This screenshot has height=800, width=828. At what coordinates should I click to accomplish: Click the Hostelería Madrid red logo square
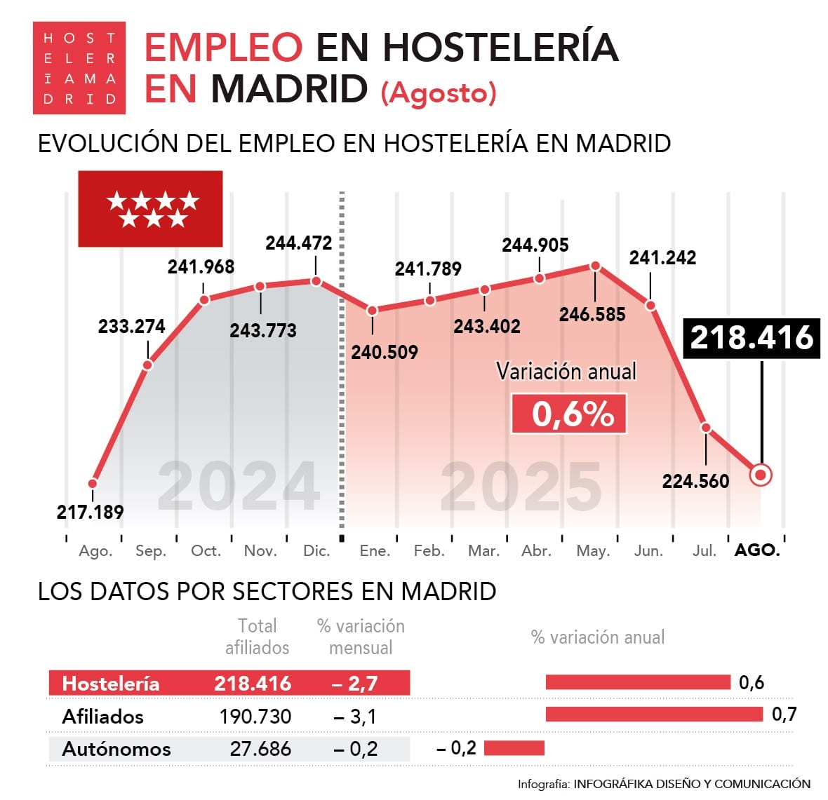[x=79, y=68]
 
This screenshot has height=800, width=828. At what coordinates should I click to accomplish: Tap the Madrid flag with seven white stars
[x=150, y=209]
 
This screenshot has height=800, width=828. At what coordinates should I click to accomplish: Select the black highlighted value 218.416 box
[x=752, y=337]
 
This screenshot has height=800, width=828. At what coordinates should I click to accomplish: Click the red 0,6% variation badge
[x=569, y=414]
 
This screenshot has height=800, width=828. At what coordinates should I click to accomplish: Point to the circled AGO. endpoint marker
[x=761, y=475]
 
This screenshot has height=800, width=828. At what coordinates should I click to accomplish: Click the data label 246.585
[x=592, y=314]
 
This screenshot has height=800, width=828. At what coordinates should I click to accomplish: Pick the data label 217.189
[x=90, y=512]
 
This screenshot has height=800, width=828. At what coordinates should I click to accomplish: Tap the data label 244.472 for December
[x=298, y=243]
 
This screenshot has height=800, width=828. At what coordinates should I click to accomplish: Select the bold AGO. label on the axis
[x=757, y=550]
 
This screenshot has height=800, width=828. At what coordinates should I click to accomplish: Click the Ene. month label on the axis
[x=375, y=551]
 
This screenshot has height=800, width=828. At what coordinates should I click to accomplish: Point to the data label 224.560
[x=695, y=481]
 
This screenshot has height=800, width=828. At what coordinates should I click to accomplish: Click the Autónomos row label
[x=116, y=749]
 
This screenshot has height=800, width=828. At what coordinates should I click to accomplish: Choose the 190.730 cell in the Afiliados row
[x=255, y=717]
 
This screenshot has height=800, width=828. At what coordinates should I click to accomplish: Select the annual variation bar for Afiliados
[x=653, y=714]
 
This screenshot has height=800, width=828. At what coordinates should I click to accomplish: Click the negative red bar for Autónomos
[x=514, y=748]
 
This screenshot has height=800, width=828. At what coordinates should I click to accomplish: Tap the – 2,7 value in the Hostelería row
[x=354, y=684]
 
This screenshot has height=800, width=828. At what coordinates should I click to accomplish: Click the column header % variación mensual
[x=361, y=637]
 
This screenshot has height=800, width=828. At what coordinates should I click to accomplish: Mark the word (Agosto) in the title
[x=439, y=93]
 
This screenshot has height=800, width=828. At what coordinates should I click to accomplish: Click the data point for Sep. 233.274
[x=148, y=365]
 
